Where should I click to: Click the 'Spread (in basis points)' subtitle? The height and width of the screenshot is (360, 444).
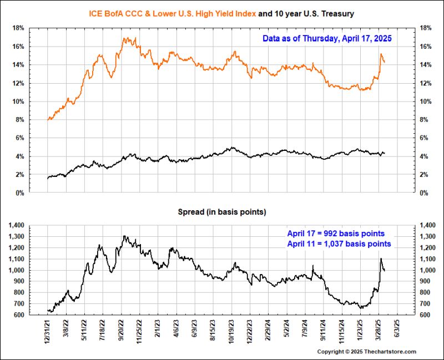221,212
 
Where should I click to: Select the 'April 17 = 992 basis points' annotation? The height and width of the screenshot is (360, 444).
336,234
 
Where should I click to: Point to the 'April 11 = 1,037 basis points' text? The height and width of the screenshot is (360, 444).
339,244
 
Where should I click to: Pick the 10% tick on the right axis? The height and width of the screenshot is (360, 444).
426,102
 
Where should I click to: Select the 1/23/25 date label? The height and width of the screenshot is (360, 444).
360,331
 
